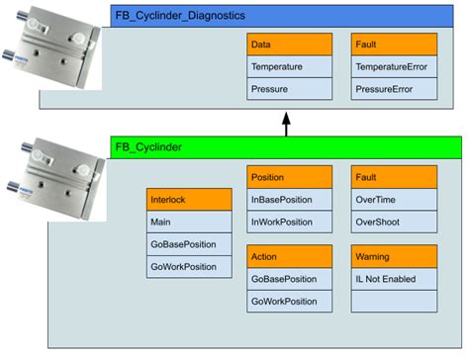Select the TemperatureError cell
pyautogui.click(x=394, y=66)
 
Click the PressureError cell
pyautogui.click(x=394, y=88)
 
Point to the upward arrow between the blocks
pyautogui.click(x=287, y=125)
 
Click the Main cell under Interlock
pyautogui.click(x=188, y=221)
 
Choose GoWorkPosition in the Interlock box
pyautogui.click(x=188, y=266)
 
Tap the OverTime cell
pyautogui.click(x=394, y=198)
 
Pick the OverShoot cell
pyautogui.click(x=394, y=221)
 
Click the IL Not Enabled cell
pyautogui.click(x=394, y=278)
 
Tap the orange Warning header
pyautogui.click(x=394, y=256)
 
